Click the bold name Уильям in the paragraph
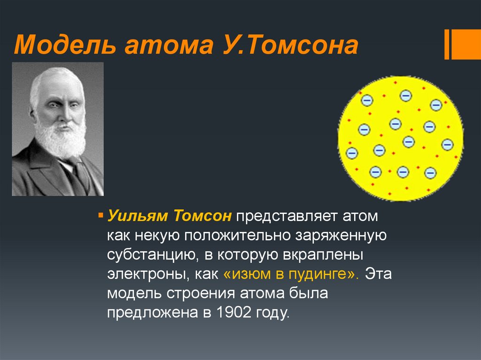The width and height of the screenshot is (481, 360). [138, 217]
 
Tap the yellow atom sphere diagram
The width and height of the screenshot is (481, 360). [400, 138]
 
